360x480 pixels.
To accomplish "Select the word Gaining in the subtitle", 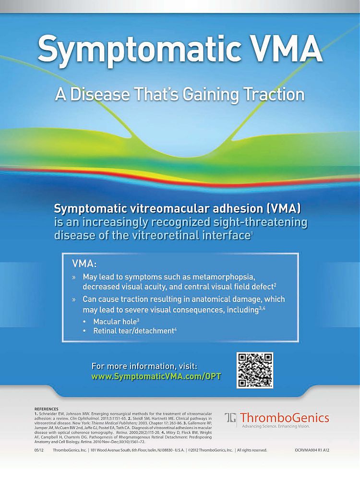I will click(x=207, y=94).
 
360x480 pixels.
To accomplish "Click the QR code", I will click(x=255, y=370).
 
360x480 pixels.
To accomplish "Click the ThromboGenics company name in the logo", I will click(x=285, y=417).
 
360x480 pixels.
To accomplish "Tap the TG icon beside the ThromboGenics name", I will click(x=231, y=418).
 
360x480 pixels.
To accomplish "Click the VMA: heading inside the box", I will click(x=84, y=264).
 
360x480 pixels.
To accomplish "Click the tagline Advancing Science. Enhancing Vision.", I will click(x=276, y=426).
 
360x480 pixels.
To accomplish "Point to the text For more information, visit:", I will click(x=144, y=366).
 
